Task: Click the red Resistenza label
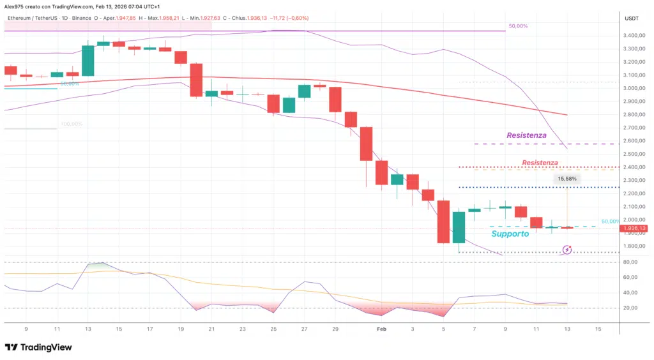[x=540, y=163]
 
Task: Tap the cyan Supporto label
[x=510, y=234]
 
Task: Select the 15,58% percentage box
[x=567, y=179]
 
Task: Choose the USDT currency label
[x=632, y=19]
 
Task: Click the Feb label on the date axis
[x=381, y=329]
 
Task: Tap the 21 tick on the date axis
[x=211, y=329]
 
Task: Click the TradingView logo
[x=38, y=347]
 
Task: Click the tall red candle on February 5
[x=443, y=221]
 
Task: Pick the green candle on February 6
[x=459, y=227]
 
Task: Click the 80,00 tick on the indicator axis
[x=631, y=262]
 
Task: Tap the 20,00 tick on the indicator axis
[x=631, y=308]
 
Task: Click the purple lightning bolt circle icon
[x=567, y=250]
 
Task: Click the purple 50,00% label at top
[x=518, y=26]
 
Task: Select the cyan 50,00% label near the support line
[x=611, y=221]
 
